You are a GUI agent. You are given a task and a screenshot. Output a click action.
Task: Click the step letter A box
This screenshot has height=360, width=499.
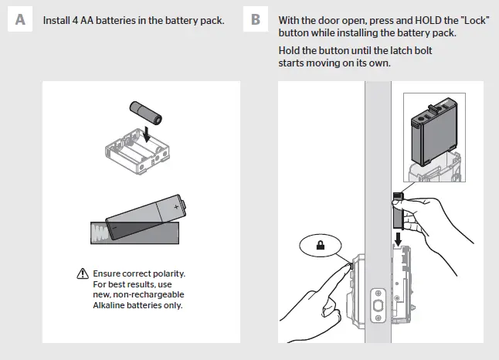[x=19, y=20]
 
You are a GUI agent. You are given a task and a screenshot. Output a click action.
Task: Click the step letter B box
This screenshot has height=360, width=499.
[x=256, y=20]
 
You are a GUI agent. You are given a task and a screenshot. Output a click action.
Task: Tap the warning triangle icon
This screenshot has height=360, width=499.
[x=83, y=274]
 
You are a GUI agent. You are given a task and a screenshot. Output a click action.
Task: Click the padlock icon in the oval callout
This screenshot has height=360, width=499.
[x=319, y=247]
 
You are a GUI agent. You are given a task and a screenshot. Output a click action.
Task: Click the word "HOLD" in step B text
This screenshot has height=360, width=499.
[x=412, y=19]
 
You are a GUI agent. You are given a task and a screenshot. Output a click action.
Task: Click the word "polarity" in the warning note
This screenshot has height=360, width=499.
[x=170, y=274]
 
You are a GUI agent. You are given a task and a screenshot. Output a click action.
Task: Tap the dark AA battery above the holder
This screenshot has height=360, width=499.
[x=147, y=112]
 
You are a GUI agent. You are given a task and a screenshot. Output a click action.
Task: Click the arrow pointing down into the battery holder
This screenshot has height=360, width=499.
[x=146, y=136]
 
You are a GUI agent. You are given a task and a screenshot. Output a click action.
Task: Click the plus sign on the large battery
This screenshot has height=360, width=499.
[x=177, y=207]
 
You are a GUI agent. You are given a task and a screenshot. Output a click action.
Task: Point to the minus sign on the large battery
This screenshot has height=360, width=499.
[x=113, y=229]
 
